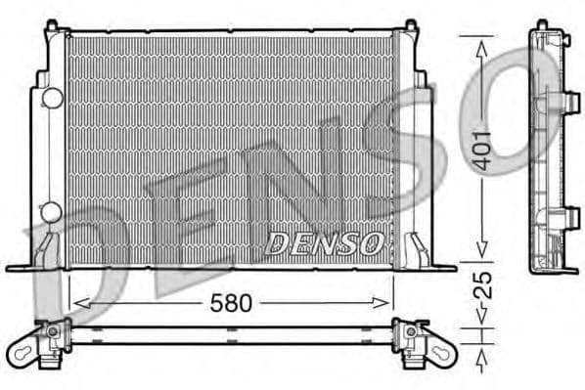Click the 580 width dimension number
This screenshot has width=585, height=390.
(232, 303)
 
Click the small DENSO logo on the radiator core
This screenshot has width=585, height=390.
(324, 244)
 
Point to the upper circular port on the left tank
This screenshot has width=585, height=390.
(51, 98)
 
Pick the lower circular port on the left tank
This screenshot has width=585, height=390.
(51, 210)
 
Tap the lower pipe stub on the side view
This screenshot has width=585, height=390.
(571, 213)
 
